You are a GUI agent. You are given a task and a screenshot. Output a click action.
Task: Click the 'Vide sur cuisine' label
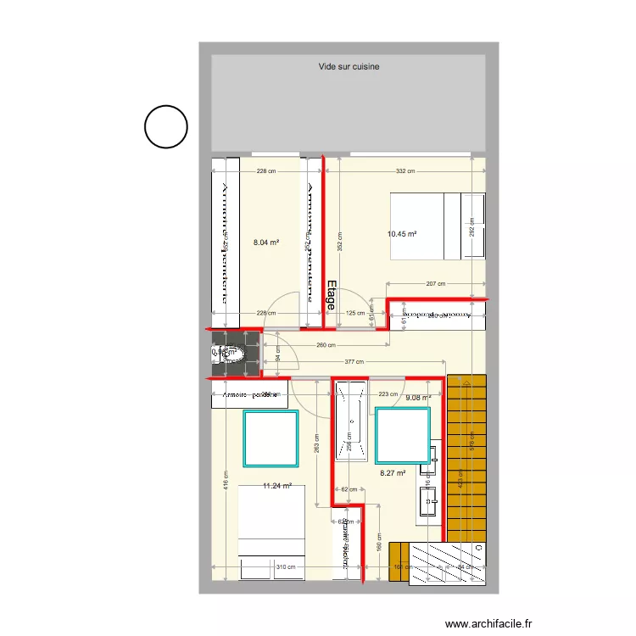tap(349, 65)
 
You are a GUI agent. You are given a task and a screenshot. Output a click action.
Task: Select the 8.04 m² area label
tap(266, 243)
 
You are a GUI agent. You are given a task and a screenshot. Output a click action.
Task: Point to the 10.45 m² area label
tap(402, 234)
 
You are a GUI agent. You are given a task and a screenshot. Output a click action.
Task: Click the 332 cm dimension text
tap(405, 171)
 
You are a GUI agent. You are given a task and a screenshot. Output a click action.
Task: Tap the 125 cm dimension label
tap(356, 313)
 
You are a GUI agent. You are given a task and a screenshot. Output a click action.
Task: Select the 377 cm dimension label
tap(354, 362)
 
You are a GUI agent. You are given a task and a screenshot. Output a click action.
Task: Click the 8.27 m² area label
tap(392, 474)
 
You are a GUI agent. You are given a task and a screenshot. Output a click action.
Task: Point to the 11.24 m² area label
tap(277, 486)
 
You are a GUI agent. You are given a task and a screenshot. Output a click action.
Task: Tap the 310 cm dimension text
tap(285, 567)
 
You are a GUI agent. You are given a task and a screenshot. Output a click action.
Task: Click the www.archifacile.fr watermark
tap(492, 623)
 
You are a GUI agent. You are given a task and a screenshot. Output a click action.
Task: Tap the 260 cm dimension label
tap(326, 345)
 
